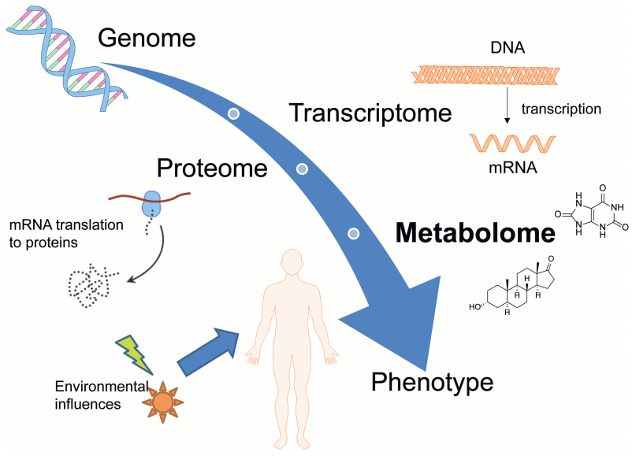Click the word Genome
pyautogui.click(x=147, y=38)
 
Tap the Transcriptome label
pyautogui.click(x=370, y=113)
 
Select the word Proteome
pyautogui.click(x=212, y=169)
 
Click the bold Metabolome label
pyautogui.click(x=475, y=233)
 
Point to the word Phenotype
pyautogui.click(x=433, y=382)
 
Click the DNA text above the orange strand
pyautogui.click(x=508, y=47)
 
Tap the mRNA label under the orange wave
pyautogui.click(x=513, y=168)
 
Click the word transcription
pyautogui.click(x=561, y=109)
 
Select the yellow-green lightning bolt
pyautogui.click(x=134, y=354)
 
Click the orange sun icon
pyautogui.click(x=162, y=402)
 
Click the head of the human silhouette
pyautogui.click(x=292, y=262)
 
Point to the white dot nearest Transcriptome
pyautogui.click(x=233, y=113)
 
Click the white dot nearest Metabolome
pyautogui.click(x=354, y=233)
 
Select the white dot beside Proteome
pyautogui.click(x=302, y=169)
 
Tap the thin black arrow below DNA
pyautogui.click(x=507, y=106)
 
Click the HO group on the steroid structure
pyautogui.click(x=475, y=307)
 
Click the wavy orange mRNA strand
pyautogui.click(x=512, y=143)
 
